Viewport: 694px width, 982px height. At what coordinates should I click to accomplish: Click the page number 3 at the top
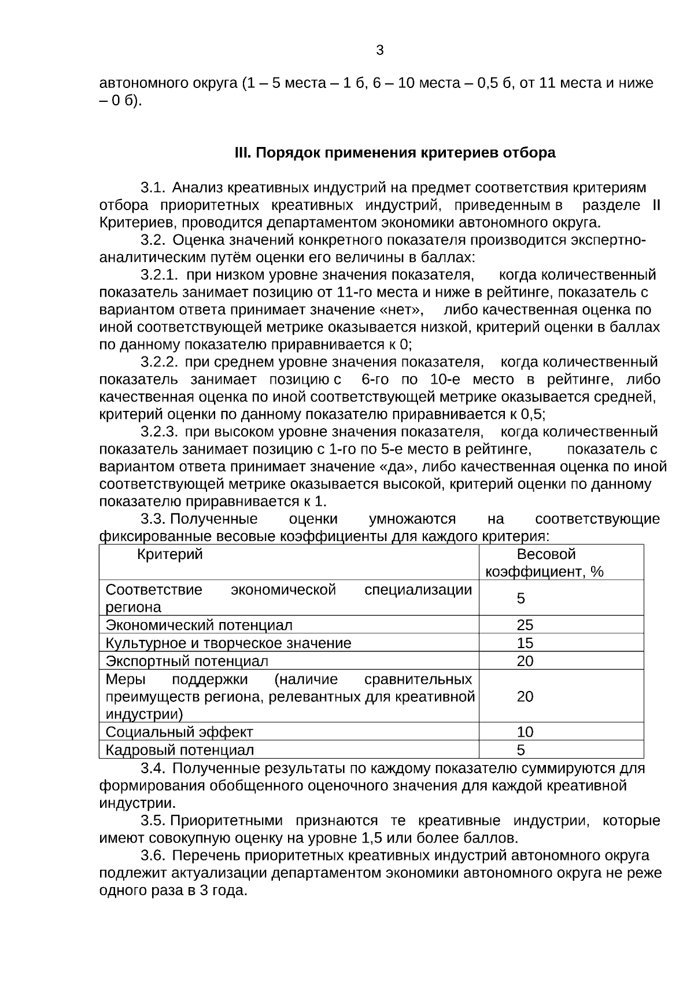pos(379,50)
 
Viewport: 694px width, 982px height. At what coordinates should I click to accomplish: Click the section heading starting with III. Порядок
pos(394,153)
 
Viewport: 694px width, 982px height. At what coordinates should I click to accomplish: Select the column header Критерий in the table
pos(170,554)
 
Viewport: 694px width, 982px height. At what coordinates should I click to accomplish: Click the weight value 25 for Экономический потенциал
pos(525,625)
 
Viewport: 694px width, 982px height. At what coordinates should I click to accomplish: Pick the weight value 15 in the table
pos(525,643)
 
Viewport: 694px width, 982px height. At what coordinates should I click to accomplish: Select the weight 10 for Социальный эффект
pos(525,732)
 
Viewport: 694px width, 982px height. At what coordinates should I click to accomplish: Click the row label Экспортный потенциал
pos(187,661)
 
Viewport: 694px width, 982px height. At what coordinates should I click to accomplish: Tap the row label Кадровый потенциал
pos(179,751)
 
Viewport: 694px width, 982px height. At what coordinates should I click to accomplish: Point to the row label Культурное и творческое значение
pos(228,643)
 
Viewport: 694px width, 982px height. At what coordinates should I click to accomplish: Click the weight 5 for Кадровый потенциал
pos(521,751)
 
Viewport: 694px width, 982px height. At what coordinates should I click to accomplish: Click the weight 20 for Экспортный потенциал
pos(525,661)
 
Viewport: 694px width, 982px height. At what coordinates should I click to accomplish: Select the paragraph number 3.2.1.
pos(159,275)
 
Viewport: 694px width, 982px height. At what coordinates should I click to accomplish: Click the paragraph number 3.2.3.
pos(159,432)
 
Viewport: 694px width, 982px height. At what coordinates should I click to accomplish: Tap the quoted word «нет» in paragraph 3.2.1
pos(402,310)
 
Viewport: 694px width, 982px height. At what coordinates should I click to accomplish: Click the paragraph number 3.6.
pos(153,855)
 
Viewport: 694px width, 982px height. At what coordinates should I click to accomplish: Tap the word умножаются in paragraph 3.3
pos(412,518)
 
